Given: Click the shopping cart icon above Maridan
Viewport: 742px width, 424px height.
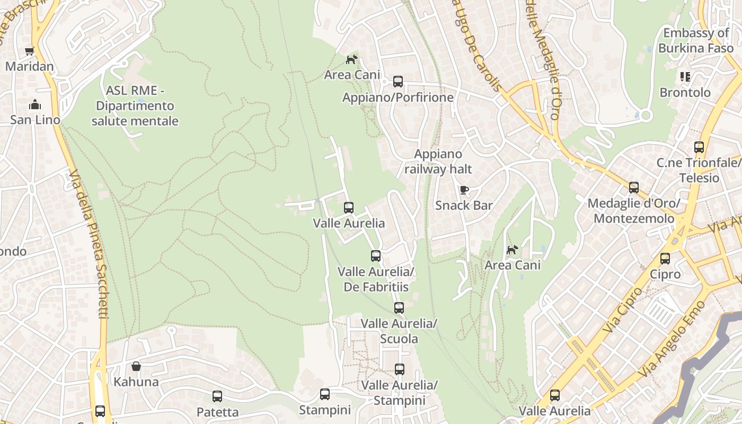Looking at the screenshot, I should (29, 51).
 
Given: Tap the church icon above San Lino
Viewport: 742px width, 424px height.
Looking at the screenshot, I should (35, 104).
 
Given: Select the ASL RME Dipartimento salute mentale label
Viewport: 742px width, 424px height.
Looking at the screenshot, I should (135, 106).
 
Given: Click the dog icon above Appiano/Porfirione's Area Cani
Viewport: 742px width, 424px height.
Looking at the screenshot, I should (351, 59).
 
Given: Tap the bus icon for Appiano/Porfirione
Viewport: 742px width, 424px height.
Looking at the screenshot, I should (398, 82).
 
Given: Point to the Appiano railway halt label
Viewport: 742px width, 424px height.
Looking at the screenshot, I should (438, 162).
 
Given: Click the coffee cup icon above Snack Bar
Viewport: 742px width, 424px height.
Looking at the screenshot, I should (464, 190).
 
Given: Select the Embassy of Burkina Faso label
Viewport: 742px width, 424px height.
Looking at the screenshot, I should (696, 40).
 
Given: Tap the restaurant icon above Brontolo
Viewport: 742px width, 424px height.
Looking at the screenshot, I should (685, 77).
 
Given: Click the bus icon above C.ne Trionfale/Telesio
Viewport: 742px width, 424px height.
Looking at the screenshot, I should (699, 147).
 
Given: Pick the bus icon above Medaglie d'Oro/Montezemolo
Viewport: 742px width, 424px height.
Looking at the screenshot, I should (634, 187).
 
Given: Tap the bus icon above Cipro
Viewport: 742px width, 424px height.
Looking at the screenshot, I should (665, 259).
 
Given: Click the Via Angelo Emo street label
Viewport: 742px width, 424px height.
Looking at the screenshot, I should (672, 339).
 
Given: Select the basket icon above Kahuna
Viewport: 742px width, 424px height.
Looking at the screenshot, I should (136, 366).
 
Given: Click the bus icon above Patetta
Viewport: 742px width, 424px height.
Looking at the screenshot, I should (217, 396).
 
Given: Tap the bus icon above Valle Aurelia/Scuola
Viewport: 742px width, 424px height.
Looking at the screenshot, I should (399, 307).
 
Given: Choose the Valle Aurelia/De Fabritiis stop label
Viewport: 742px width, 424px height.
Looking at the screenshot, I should (376, 279).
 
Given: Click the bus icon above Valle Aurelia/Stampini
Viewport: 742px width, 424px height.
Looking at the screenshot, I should (400, 369).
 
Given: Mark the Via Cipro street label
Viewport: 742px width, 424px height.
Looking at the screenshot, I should (623, 310).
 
